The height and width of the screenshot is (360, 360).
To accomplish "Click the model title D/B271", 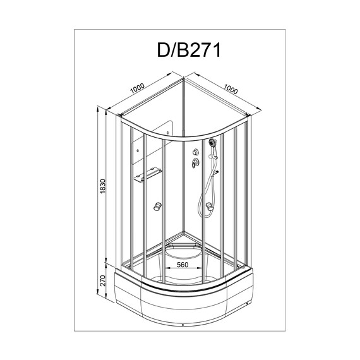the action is (x=189, y=50).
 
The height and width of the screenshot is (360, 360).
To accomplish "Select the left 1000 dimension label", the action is (x=137, y=88).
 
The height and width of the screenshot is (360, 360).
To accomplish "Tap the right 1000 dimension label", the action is (x=231, y=89).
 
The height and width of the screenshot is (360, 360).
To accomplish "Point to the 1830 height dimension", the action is (x=103, y=186).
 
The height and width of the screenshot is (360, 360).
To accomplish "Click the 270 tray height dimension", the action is (x=102, y=280).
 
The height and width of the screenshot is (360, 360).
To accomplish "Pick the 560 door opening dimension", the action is (x=183, y=265).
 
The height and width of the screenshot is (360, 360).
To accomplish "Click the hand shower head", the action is (x=212, y=143).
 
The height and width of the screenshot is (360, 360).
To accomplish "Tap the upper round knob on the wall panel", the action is (x=196, y=152).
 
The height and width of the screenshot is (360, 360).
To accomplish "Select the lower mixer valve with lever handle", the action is (x=195, y=163).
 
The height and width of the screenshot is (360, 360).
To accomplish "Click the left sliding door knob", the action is (x=157, y=206).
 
